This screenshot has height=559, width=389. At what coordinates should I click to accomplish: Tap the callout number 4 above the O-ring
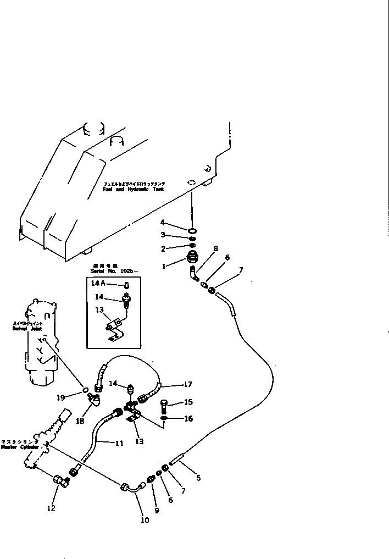pyautogui.click(x=163, y=222)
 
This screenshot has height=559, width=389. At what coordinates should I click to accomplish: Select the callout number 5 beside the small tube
pyautogui.click(x=198, y=478)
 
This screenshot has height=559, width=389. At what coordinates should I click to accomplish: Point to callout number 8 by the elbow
pyautogui.click(x=216, y=248)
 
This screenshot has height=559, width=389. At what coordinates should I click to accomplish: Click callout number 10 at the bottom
pyautogui.click(x=145, y=520)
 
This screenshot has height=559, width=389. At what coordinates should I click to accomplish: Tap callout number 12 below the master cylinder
pyautogui.click(x=51, y=508)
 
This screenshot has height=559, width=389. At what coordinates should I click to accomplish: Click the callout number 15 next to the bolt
pyautogui.click(x=188, y=402)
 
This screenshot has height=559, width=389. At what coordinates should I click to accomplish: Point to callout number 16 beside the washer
pyautogui.click(x=188, y=418)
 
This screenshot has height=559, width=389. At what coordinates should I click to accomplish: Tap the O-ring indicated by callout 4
pyautogui.click(x=192, y=230)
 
